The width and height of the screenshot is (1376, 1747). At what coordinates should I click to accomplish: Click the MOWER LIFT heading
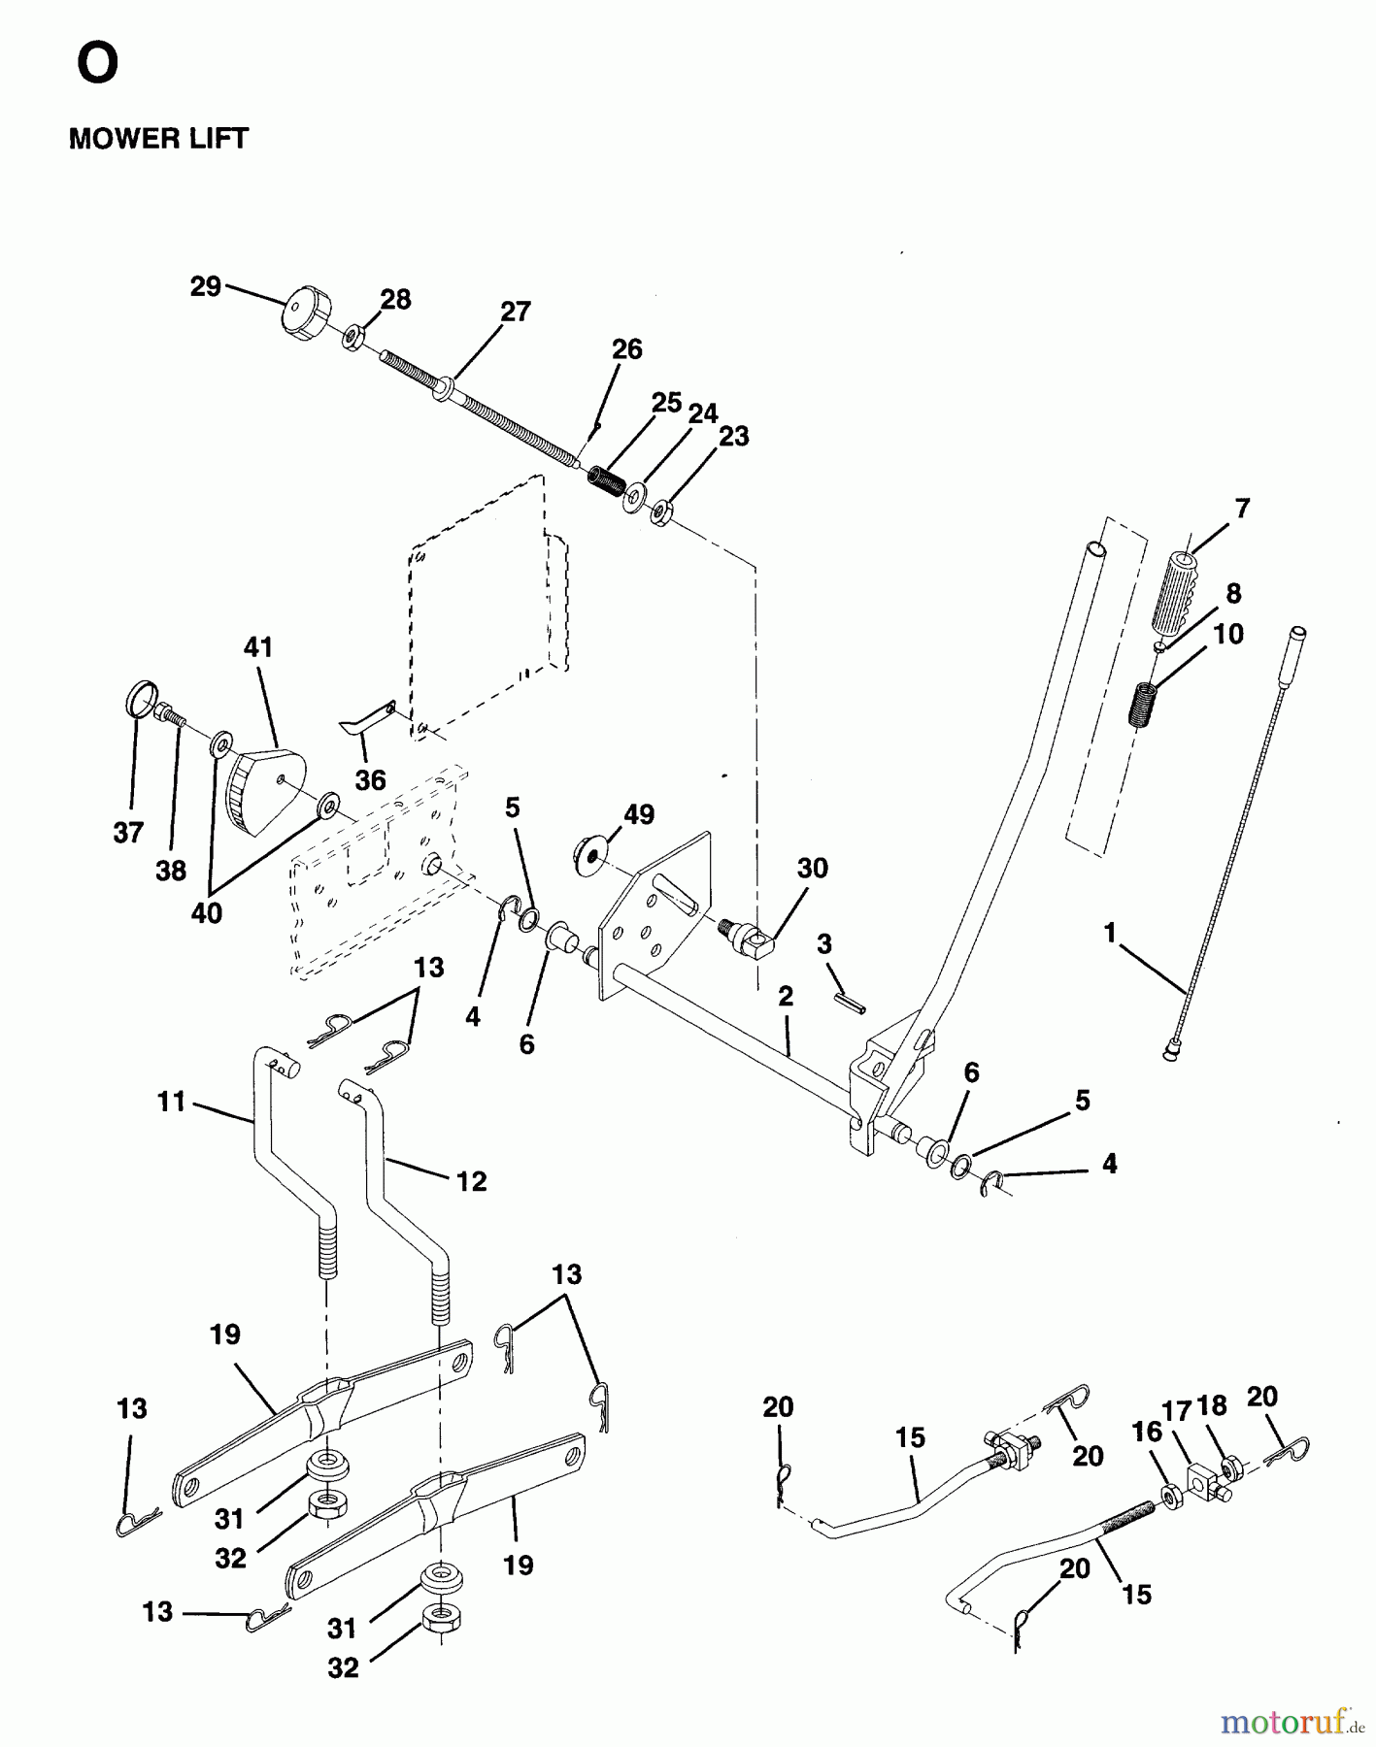coord(158,139)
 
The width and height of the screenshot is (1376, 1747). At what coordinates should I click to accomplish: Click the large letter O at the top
coord(97,64)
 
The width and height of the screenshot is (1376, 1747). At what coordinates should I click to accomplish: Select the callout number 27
coord(516,312)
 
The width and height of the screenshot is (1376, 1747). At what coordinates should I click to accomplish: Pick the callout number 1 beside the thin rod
coord(1110,934)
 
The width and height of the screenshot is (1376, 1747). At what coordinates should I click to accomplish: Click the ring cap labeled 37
coord(143,698)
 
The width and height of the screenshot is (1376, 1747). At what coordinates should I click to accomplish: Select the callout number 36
coord(370,779)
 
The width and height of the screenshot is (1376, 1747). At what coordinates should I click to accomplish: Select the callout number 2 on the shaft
coord(786,996)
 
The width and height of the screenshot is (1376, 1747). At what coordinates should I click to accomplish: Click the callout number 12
coord(471,1181)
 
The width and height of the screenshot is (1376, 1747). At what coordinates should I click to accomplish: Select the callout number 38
coord(171,871)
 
